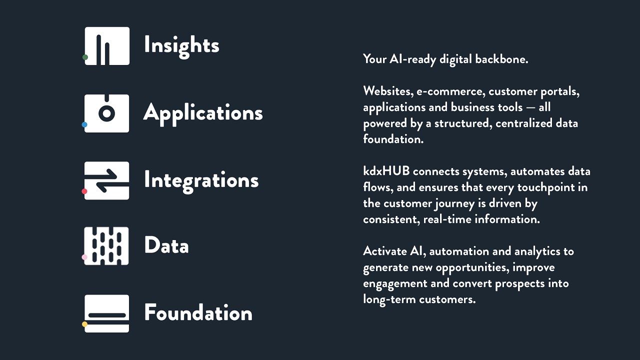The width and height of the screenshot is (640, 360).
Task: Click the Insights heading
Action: pyautogui.click(x=181, y=46)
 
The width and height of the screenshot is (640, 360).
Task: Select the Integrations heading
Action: pyautogui.click(x=201, y=181)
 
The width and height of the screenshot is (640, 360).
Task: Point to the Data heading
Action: pyautogui.click(x=166, y=245)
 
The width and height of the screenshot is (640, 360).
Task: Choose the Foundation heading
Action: pyautogui.click(x=198, y=312)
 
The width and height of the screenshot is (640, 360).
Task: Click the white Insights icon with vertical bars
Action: pyautogui.click(x=107, y=46)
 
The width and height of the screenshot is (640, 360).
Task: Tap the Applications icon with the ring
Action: pyautogui.click(x=107, y=113)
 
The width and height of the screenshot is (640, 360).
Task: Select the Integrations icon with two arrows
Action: pyautogui.click(x=107, y=180)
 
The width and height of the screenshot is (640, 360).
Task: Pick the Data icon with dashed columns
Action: pyautogui.click(x=106, y=246)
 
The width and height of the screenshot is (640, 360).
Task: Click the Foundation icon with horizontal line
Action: pyautogui.click(x=107, y=313)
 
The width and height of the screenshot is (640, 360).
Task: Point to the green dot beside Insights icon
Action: pyautogui.click(x=85, y=57)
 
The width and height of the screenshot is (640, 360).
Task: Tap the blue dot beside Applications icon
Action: pyautogui.click(x=84, y=124)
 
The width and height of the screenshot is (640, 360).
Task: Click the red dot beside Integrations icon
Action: pyautogui.click(x=84, y=191)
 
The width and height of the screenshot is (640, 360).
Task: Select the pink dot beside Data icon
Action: pyautogui.click(x=84, y=257)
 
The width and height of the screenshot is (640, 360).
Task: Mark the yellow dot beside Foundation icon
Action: pyautogui.click(x=84, y=324)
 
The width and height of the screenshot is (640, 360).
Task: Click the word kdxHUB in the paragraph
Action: pyautogui.click(x=386, y=171)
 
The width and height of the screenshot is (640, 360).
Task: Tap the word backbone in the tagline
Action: pyautogui.click(x=501, y=59)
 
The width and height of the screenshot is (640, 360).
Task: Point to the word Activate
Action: pyautogui.click(x=385, y=251)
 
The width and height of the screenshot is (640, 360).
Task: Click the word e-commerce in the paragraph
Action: pyautogui.click(x=450, y=91)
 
